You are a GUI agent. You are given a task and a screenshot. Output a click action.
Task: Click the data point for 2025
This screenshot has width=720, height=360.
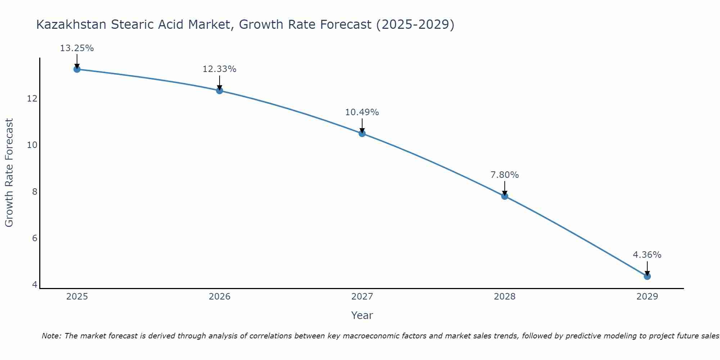pos(77,69)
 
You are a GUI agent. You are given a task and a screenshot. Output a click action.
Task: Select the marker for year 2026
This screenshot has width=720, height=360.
pos(219,90)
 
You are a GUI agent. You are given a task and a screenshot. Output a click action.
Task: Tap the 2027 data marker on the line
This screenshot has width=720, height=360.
pos(362,134)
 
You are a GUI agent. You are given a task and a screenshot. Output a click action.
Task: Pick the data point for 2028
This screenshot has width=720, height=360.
pos(504,196)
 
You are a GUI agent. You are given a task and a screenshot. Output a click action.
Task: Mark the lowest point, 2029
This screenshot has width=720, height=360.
pos(647,276)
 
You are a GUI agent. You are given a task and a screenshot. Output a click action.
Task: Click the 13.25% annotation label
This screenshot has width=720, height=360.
pos(77,48)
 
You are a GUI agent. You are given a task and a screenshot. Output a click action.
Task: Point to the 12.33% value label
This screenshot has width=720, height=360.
pos(219,69)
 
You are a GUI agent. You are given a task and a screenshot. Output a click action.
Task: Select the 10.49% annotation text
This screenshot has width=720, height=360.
pos(362,112)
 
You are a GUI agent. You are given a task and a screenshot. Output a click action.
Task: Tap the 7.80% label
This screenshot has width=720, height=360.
pos(504,175)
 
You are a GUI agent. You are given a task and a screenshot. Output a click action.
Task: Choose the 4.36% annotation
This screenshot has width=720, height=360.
pos(647,255)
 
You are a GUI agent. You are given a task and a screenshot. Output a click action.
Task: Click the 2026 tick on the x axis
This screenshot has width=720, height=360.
pos(220,297)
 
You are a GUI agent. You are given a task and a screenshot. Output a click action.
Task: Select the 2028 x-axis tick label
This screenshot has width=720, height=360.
pos(504,297)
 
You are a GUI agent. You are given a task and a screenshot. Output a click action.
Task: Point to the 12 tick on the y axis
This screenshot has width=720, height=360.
pos(32,98)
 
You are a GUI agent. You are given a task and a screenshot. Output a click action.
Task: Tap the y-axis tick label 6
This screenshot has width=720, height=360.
pos(35,238)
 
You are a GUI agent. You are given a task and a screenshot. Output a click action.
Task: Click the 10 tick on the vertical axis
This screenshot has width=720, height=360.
pos(32,145)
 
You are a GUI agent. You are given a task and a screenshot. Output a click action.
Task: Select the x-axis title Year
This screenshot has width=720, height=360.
pos(362,315)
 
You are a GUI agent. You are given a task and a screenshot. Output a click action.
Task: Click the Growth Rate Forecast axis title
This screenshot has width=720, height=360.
pos(9,173)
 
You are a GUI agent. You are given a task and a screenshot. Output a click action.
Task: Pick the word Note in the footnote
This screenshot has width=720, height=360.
pos(52,336)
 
